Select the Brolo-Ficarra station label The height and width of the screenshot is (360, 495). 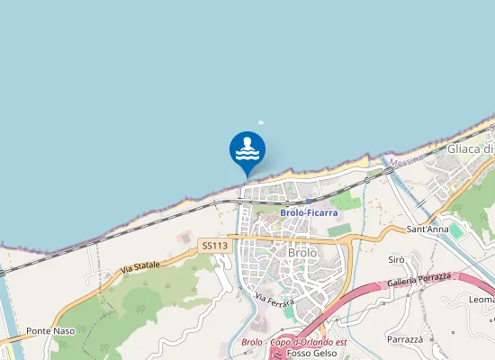click(x=309, y=213)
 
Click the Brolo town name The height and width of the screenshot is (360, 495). click(x=302, y=253)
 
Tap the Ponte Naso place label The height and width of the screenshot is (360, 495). click(x=50, y=331)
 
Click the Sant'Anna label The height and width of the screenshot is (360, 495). click(x=427, y=229)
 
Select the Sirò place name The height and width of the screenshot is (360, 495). click(x=396, y=259)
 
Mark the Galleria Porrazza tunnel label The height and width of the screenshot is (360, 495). click(x=418, y=280)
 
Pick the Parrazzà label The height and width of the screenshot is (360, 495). click(x=405, y=339)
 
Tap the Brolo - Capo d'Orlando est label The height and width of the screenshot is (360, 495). click(x=294, y=342)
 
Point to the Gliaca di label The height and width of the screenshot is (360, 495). click(x=471, y=148)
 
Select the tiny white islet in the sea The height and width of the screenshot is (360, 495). click(x=262, y=125)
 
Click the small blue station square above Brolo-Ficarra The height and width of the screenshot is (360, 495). click(x=309, y=202)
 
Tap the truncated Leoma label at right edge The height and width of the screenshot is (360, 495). click(x=481, y=300)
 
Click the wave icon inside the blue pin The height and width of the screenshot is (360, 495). click(x=247, y=148)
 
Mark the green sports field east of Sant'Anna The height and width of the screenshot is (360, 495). click(x=457, y=231)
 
